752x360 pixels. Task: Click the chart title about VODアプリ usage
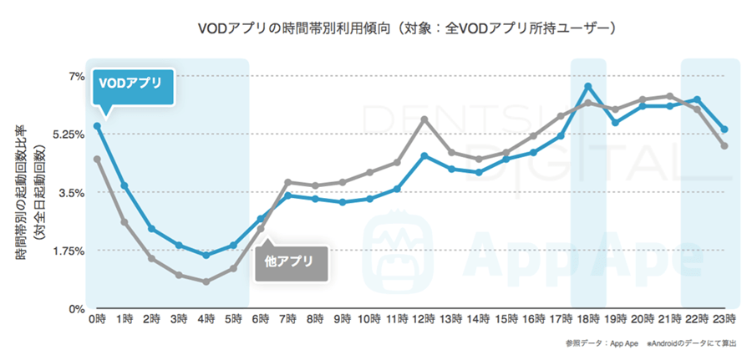pos(407,28)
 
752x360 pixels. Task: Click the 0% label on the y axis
pos(76,309)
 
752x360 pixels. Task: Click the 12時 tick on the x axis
pos(424,320)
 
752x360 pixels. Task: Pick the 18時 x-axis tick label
pos(588,320)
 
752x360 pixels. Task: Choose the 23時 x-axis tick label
pos(724,320)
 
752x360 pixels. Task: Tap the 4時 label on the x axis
pos(206,320)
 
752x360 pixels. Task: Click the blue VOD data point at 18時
pos(588,86)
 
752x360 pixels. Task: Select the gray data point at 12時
pos(424,119)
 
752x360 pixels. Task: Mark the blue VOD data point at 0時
pos(97,126)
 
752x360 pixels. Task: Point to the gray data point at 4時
pos(206,281)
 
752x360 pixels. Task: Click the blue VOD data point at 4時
pos(206,255)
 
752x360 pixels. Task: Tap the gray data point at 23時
pos(724,146)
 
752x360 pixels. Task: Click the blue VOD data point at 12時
pos(424,156)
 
